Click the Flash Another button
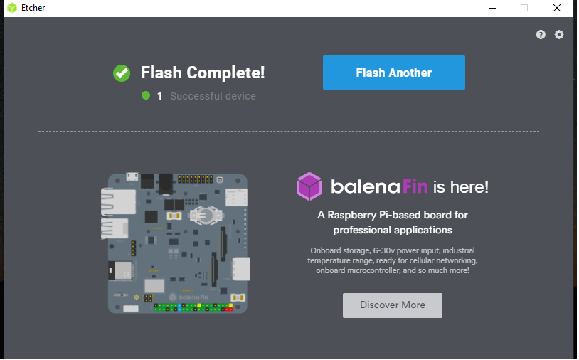[393, 73]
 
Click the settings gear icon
[559, 34]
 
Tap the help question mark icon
[541, 34]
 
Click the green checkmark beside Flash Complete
[122, 73]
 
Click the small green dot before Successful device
[146, 95]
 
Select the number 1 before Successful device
[160, 96]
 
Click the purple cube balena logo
[309, 187]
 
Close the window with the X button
[556, 8]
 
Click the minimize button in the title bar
[492, 8]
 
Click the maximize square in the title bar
[524, 8]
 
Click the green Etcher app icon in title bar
[12, 8]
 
